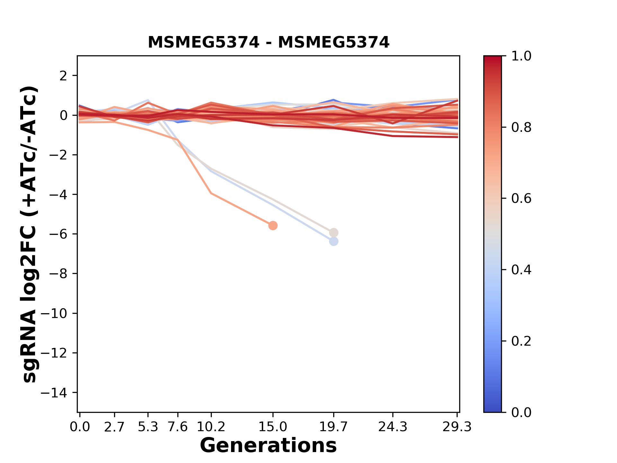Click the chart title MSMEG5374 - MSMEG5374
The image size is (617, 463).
click(268, 42)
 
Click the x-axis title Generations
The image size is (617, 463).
click(268, 446)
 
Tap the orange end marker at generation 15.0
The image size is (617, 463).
click(273, 225)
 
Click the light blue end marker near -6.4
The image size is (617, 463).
click(334, 241)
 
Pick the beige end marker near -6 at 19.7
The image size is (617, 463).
click(334, 232)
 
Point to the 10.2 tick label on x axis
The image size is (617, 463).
click(211, 427)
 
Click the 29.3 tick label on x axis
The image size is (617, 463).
click(457, 427)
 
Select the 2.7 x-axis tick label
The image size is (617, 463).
click(114, 427)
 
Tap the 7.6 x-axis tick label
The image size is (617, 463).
click(178, 427)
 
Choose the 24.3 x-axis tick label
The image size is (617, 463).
click(393, 427)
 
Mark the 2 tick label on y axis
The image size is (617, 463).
click(63, 76)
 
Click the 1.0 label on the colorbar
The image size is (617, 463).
click(521, 56)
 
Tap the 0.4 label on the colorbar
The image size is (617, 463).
click(521, 270)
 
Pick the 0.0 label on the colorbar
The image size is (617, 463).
click(521, 412)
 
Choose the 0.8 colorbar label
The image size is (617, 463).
click(521, 128)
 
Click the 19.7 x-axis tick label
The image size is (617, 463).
click(334, 427)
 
